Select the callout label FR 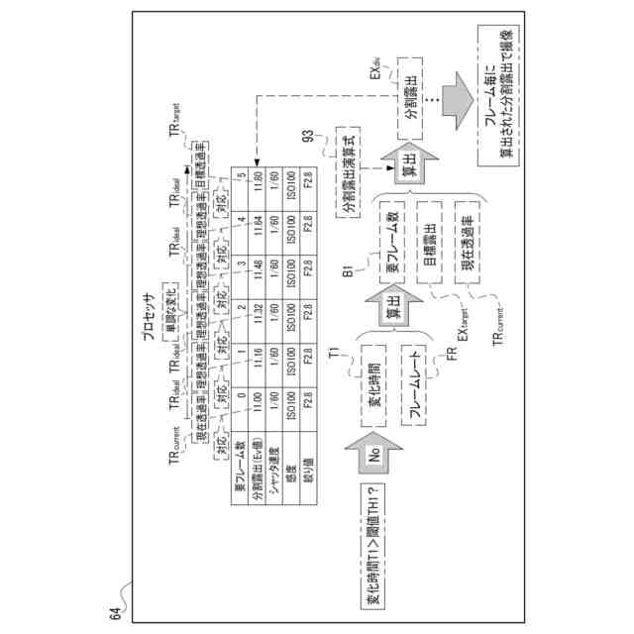point(451,354)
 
